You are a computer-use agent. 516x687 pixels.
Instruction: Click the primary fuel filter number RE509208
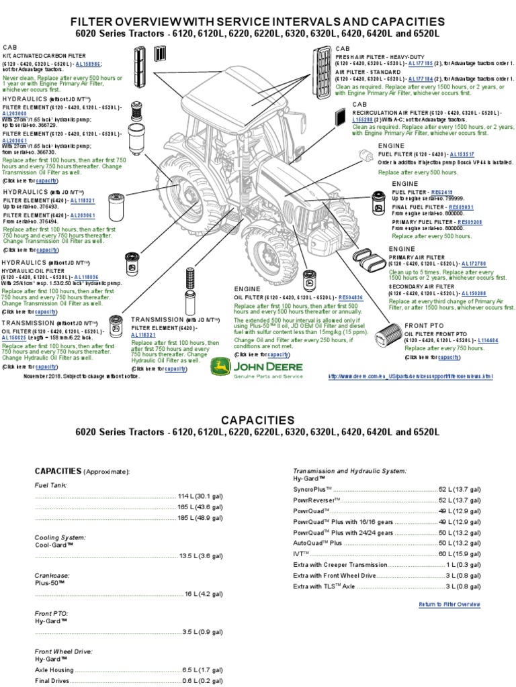click(470, 221)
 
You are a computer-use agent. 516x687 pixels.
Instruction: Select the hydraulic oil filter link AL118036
click(87, 276)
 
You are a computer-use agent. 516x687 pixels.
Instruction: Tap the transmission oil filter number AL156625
click(14, 337)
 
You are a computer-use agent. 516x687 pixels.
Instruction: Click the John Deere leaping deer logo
click(220, 368)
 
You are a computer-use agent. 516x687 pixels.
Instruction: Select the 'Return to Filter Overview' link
click(449, 604)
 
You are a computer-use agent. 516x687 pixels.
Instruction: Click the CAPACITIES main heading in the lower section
click(258, 420)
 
